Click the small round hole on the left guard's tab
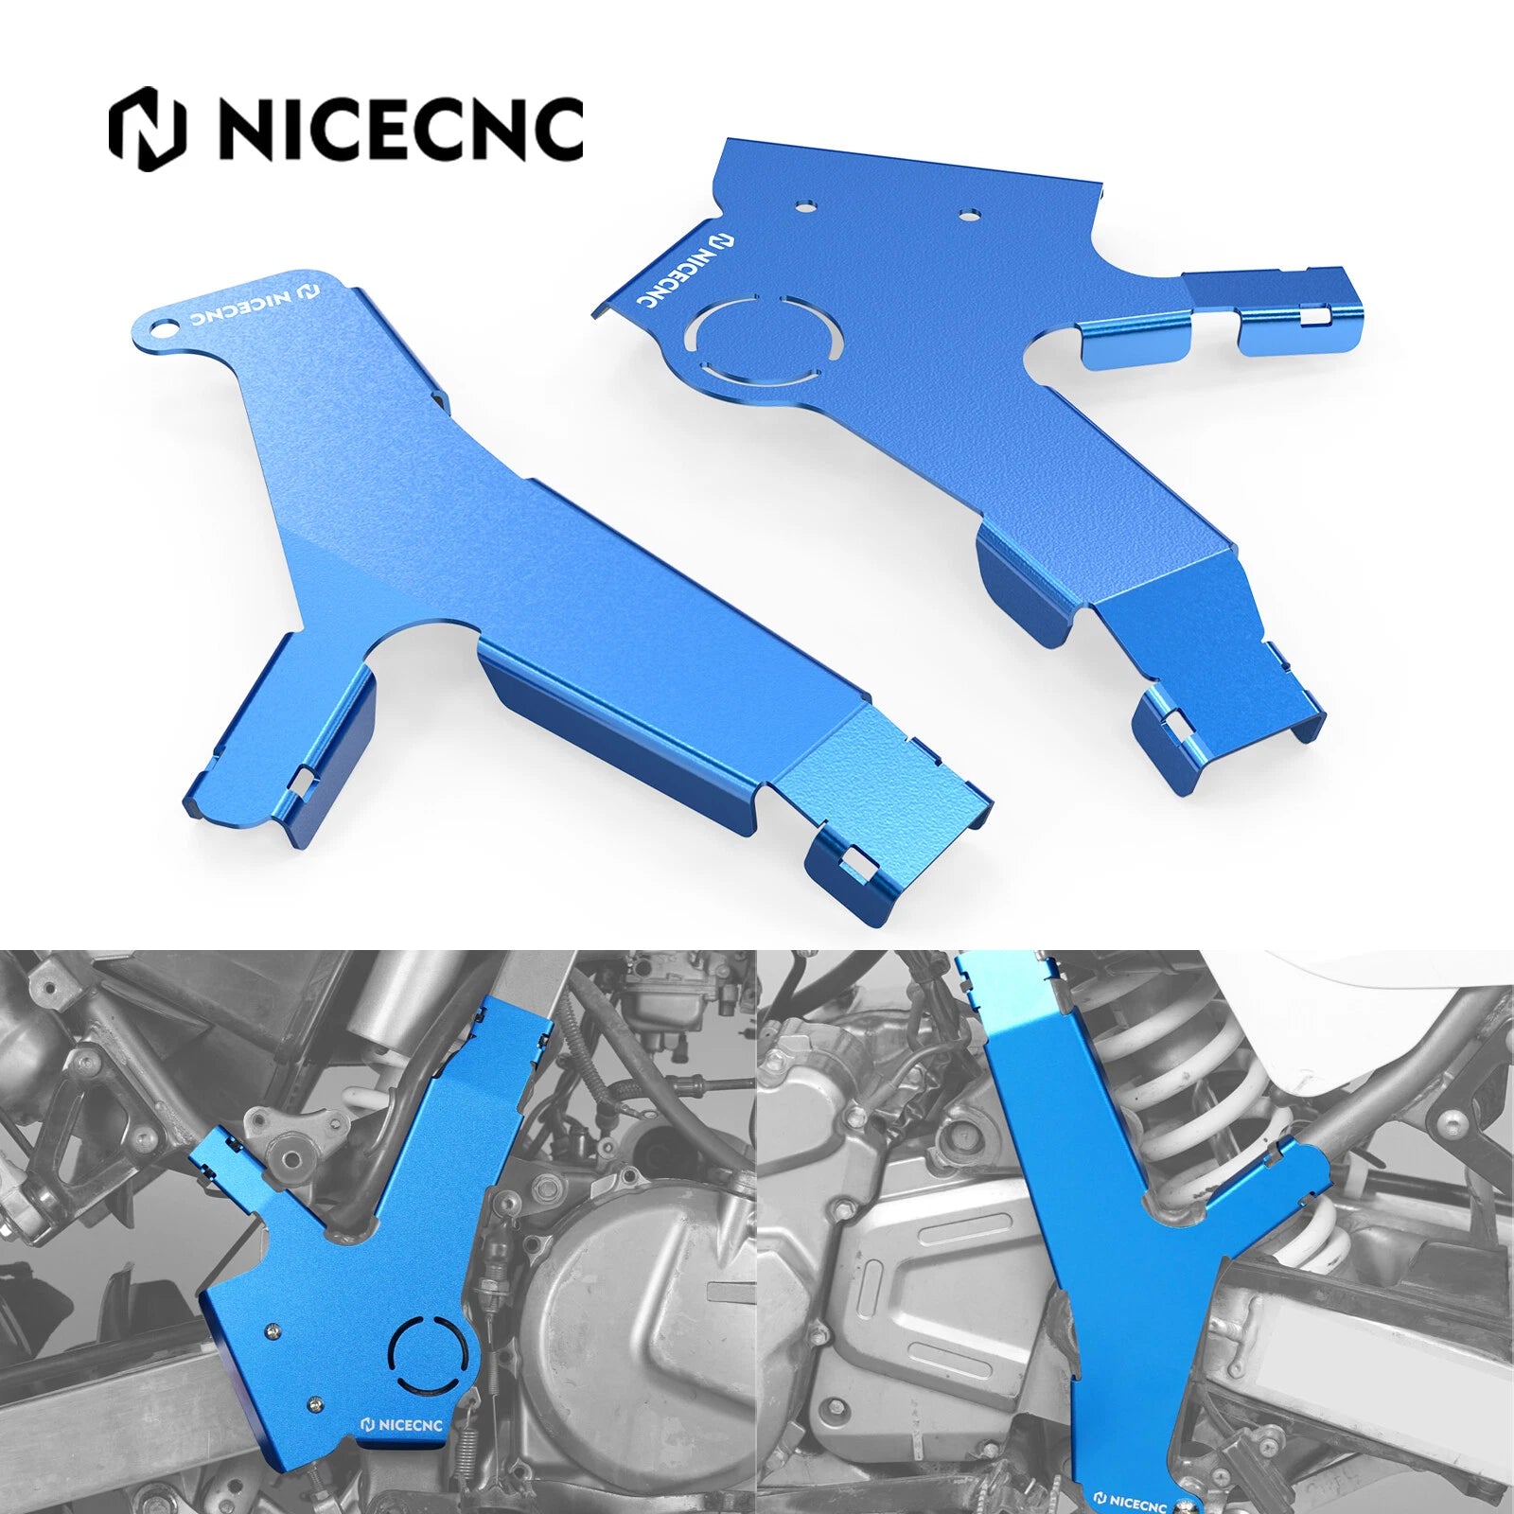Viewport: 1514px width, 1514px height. click(168, 327)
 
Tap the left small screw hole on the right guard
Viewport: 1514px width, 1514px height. click(804, 203)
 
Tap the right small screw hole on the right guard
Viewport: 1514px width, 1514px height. click(966, 215)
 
